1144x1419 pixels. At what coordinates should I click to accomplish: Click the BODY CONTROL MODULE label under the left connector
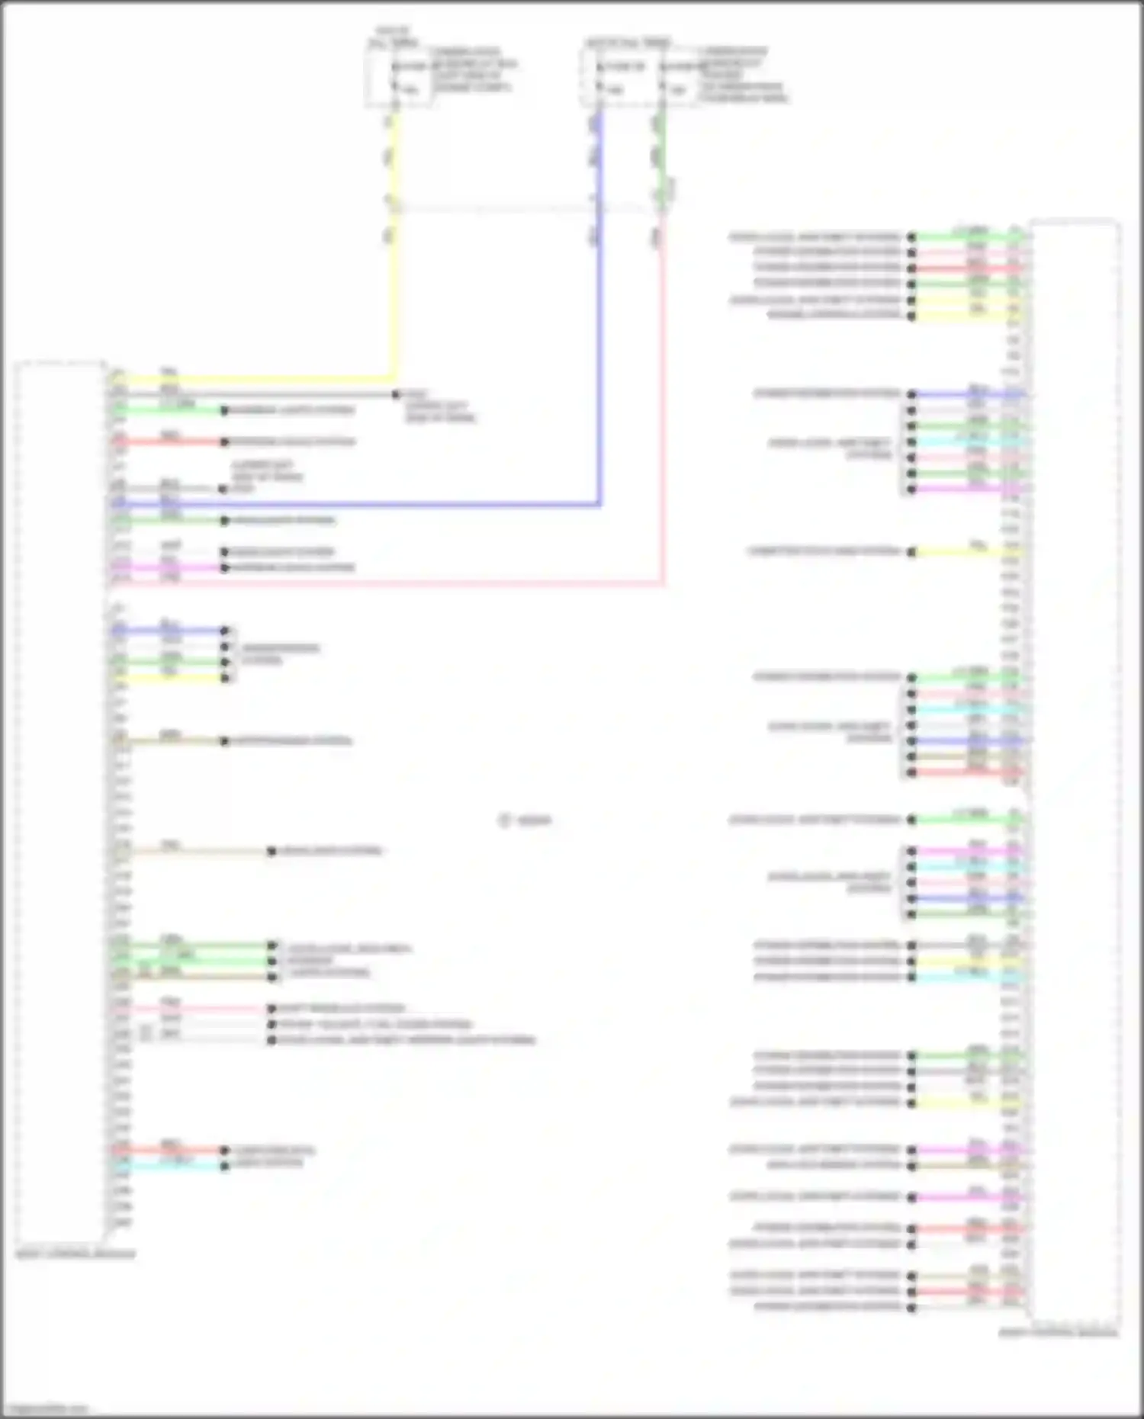click(x=76, y=1253)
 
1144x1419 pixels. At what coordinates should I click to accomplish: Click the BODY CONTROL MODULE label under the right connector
click(x=1058, y=1332)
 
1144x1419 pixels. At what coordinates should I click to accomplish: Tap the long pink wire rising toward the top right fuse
click(x=662, y=419)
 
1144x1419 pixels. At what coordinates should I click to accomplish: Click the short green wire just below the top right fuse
click(x=660, y=152)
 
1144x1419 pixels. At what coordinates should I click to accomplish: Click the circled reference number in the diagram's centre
click(x=504, y=820)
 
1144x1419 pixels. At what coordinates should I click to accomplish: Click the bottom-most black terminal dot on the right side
click(x=911, y=1308)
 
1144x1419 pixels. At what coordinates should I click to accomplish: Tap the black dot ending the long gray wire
click(x=396, y=394)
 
